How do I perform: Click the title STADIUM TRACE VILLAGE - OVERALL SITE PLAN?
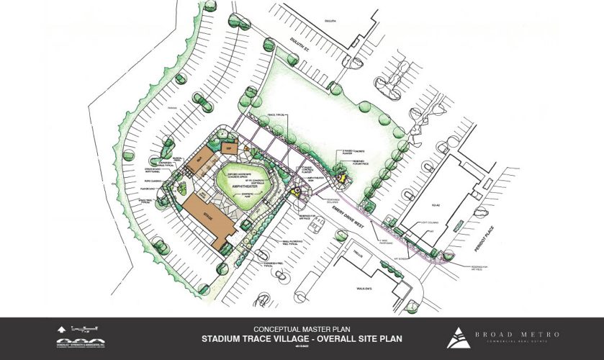pyautogui.click(x=302, y=336)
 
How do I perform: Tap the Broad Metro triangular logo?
pyautogui.click(x=456, y=336)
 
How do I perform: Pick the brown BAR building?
pyautogui.click(x=196, y=160)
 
